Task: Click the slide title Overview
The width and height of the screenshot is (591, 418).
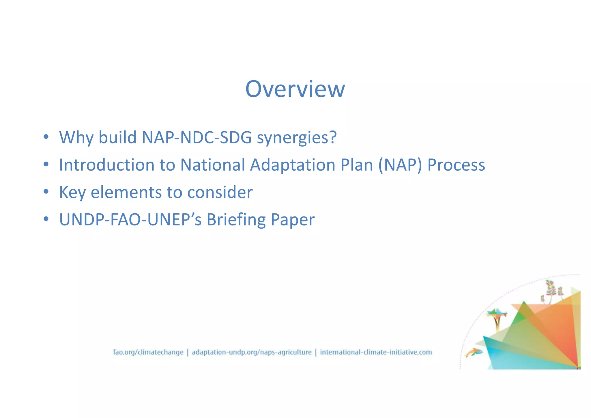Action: pos(295,89)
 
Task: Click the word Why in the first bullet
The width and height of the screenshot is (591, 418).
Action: pos(76,137)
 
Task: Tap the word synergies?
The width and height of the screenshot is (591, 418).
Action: pos(297,138)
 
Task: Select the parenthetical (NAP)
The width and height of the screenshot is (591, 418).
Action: pos(400,165)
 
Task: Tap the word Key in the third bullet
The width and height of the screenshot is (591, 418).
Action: pos(72,193)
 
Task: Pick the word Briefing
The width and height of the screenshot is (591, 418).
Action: pos(236,220)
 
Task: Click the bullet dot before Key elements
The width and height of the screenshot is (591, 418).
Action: pos(46,192)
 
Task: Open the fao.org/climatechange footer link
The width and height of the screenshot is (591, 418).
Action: pos(148,352)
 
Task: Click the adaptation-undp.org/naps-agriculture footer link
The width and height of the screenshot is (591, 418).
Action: pos(252,352)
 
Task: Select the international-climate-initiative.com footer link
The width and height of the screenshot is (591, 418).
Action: pos(376,352)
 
